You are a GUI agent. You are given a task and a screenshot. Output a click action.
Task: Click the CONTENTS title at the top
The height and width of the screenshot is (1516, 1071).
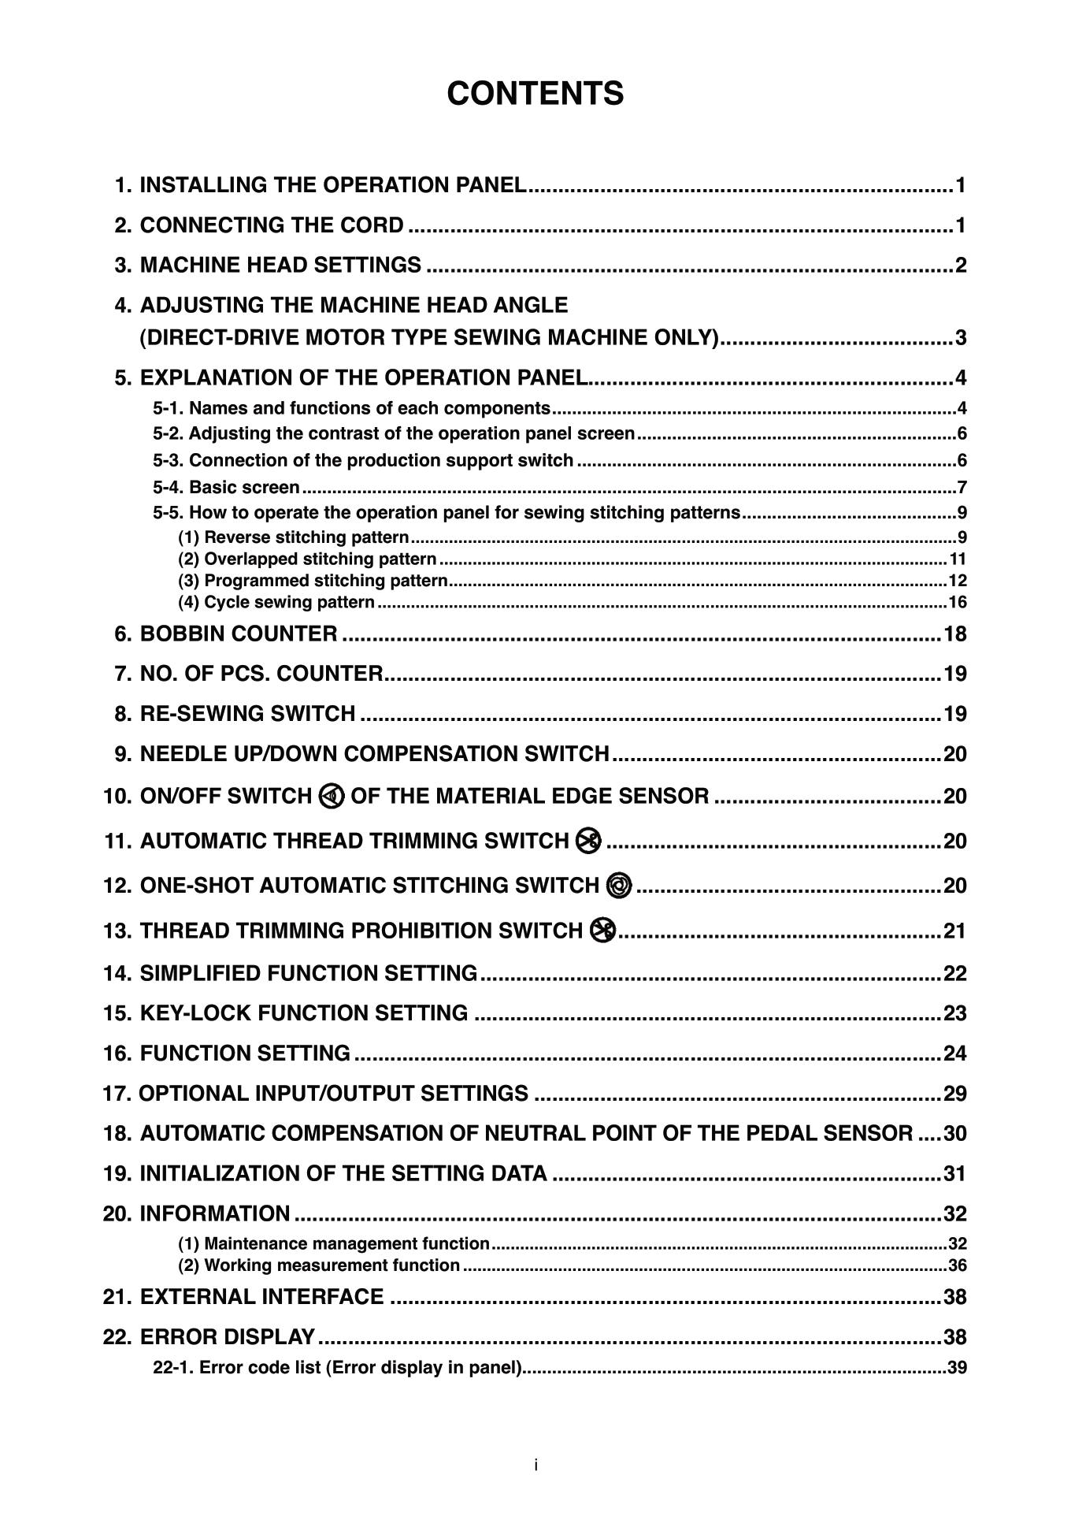pyautogui.click(x=535, y=94)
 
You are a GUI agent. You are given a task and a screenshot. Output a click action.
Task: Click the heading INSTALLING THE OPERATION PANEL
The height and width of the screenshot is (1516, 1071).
pyautogui.click(x=332, y=185)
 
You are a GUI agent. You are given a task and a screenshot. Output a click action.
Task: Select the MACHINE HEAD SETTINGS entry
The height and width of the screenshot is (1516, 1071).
pyautogui.click(x=280, y=265)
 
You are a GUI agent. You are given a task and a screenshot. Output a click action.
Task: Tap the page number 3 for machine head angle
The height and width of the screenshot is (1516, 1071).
pyautogui.click(x=960, y=338)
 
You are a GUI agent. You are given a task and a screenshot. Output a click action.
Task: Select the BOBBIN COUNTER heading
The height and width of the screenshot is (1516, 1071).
pyautogui.click(x=238, y=634)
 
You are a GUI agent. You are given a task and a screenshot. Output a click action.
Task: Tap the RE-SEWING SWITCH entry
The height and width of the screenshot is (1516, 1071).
pyautogui.click(x=247, y=714)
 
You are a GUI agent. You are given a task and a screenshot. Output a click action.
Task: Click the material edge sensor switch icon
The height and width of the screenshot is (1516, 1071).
pyautogui.click(x=332, y=797)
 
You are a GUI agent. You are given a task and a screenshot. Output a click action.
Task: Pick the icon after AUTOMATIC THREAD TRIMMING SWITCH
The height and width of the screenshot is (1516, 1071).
pyautogui.click(x=588, y=841)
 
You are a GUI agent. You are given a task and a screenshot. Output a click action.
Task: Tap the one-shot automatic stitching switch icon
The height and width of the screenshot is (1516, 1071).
pyautogui.click(x=619, y=886)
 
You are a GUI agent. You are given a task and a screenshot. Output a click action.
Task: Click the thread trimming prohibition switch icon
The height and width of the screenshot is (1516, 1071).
pyautogui.click(x=602, y=931)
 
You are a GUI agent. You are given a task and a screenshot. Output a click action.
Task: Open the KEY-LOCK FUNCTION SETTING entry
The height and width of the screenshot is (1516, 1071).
pyautogui.click(x=303, y=1013)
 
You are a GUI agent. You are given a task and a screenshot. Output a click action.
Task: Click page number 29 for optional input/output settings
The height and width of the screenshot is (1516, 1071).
pyautogui.click(x=954, y=1094)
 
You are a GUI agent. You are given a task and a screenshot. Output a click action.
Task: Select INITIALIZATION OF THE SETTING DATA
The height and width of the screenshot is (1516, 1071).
pyautogui.click(x=343, y=1173)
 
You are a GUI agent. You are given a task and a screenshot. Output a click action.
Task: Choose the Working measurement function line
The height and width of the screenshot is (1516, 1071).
pyautogui.click(x=319, y=1265)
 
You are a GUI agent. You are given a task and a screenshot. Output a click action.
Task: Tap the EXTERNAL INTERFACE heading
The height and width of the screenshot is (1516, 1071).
pyautogui.click(x=261, y=1297)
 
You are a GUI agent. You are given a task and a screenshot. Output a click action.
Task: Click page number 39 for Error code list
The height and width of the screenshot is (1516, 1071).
pyautogui.click(x=957, y=1368)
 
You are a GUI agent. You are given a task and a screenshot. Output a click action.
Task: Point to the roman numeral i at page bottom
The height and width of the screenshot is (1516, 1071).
pyautogui.click(x=535, y=1465)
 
